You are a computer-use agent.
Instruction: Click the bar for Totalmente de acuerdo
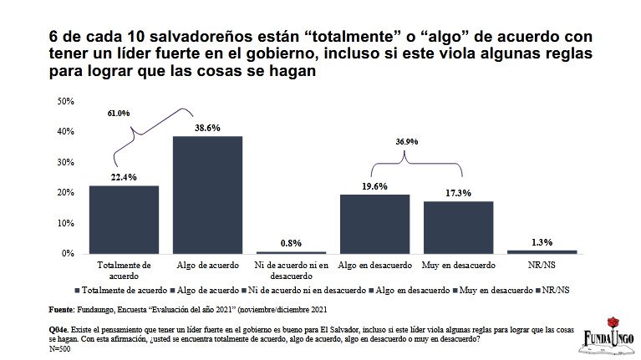[124, 219]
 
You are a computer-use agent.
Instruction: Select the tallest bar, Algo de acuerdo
[207, 195]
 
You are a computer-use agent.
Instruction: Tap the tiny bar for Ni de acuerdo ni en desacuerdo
[291, 251]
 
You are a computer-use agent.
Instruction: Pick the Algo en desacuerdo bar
[374, 223]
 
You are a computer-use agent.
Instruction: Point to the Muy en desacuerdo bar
[458, 226]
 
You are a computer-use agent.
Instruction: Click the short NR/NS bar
[542, 251]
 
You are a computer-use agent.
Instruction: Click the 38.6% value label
[207, 126]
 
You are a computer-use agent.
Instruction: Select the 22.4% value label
[124, 176]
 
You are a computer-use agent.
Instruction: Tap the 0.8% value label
[291, 242]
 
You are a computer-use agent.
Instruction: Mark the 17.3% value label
[458, 193]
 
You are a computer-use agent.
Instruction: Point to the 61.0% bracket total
[119, 113]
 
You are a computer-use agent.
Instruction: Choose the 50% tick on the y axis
[65, 101]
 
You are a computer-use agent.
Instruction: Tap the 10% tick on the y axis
[65, 222]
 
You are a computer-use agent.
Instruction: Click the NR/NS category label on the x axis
[542, 265]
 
